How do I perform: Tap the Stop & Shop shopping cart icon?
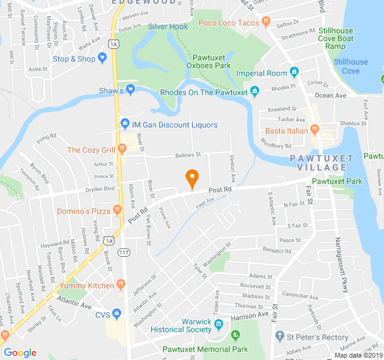pos(102,59)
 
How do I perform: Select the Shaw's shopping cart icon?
pos(130,91)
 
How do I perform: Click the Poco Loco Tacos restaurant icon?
pos(265,23)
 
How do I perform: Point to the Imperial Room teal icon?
pos(294,73)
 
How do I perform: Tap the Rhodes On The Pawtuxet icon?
pos(254,92)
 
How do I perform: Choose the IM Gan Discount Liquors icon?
pos(125,124)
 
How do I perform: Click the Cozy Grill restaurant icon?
pos(122,149)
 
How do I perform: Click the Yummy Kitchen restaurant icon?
pos(121,285)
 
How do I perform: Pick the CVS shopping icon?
pos(116,313)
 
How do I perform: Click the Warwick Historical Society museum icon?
pos(218,325)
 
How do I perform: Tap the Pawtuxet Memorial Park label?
pos(205,349)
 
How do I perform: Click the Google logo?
pos(20,352)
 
